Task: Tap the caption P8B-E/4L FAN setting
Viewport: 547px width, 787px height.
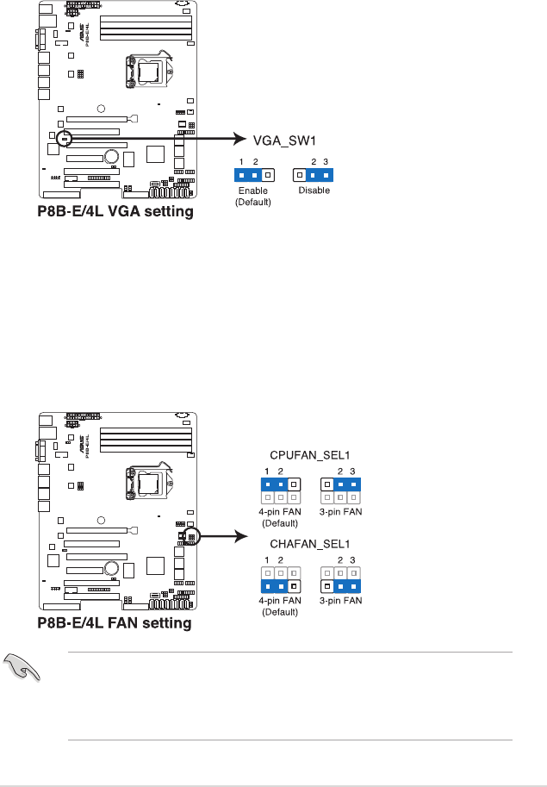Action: point(115,622)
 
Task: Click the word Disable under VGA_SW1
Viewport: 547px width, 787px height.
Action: point(314,191)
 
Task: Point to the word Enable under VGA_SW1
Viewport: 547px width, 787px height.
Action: point(252,191)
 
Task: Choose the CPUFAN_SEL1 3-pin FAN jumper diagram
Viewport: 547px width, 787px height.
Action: point(339,491)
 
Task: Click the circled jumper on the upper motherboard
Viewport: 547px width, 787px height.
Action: point(65,138)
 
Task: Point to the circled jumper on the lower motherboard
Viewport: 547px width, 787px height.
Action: point(192,537)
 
